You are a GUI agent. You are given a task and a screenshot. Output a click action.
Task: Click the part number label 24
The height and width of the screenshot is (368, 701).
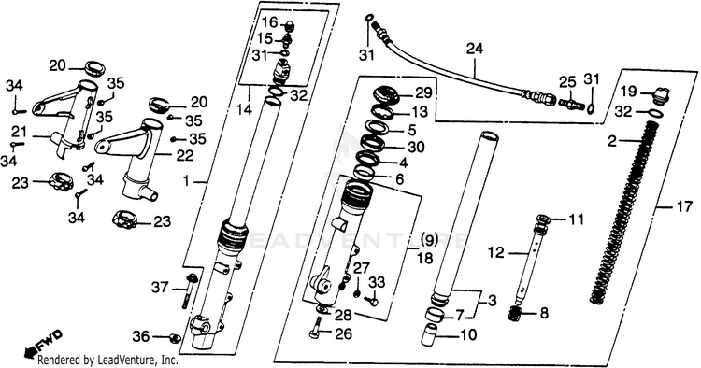(475, 49)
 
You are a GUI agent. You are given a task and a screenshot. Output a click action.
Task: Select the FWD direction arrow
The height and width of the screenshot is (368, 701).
(43, 344)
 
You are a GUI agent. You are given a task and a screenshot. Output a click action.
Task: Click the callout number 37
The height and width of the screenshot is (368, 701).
(160, 288)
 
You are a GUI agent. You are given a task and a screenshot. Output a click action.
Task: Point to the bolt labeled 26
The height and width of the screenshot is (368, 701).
(318, 327)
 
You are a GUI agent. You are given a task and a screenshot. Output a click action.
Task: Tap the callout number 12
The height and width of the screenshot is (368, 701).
(495, 253)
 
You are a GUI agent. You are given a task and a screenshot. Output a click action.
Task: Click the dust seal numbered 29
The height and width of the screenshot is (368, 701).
(387, 95)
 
